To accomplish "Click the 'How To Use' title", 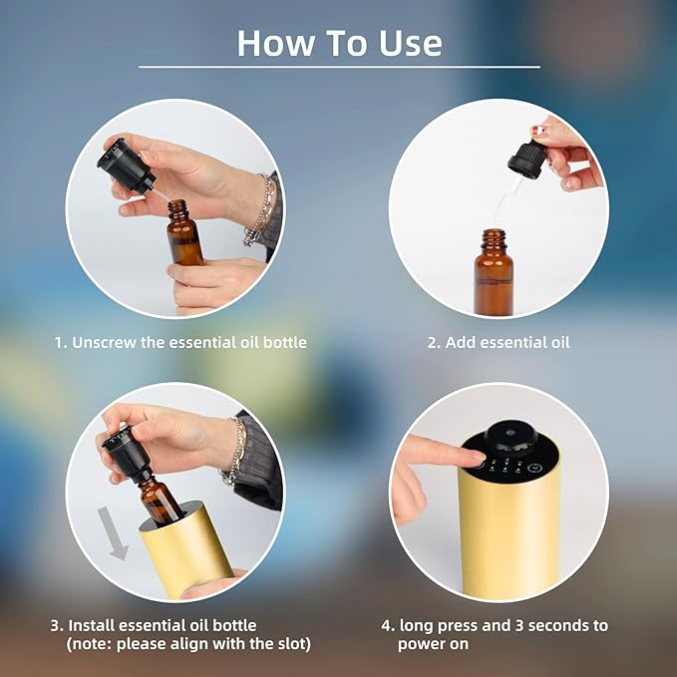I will pyautogui.click(x=339, y=42).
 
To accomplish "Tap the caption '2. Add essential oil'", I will pyautogui.click(x=499, y=342).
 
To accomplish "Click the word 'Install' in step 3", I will pyautogui.click(x=94, y=625).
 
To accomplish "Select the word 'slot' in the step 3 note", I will pyautogui.click(x=290, y=644).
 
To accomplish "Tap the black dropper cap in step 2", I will pyautogui.click(x=525, y=159).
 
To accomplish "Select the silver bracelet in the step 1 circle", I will pyautogui.click(x=260, y=210).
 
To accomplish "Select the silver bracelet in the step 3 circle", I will pyautogui.click(x=236, y=450).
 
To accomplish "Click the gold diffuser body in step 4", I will pyautogui.click(x=508, y=538).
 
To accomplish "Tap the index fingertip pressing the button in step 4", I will pyautogui.click(x=470, y=457).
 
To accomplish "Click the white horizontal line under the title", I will pyautogui.click(x=339, y=67).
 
